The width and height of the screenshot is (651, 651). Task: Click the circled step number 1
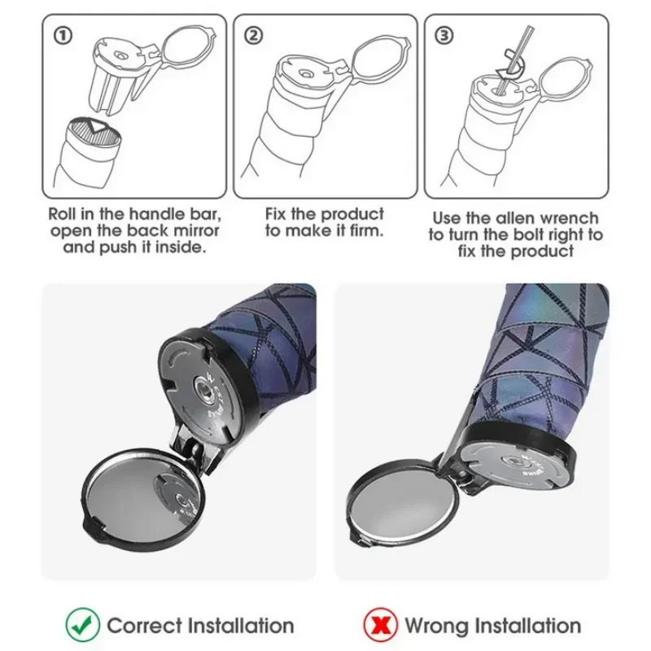pos(63,36)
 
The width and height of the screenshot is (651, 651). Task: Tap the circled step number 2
pos(254,36)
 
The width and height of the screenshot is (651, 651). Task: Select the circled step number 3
pos(443,36)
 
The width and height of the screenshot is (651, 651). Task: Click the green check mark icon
pos(83,625)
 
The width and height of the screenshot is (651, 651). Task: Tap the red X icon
pos(380,625)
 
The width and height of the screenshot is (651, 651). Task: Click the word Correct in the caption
pos(145,626)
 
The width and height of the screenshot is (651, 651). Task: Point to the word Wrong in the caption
pos(436,627)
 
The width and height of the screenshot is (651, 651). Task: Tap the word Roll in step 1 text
pos(63,214)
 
